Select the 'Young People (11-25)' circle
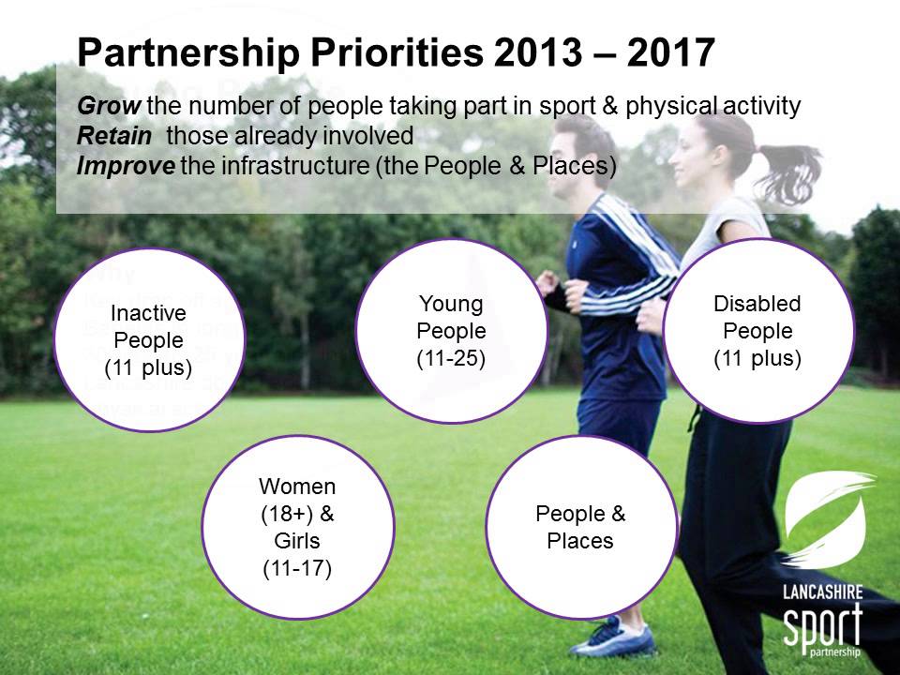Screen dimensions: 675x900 click(x=451, y=330)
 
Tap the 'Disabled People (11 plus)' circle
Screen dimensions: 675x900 click(x=757, y=330)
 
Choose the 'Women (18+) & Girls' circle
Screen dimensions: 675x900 click(x=296, y=526)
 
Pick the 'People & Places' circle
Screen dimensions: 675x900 click(x=580, y=527)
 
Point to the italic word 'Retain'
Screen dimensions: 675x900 click(x=113, y=136)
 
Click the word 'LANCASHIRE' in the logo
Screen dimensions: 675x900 click(x=823, y=593)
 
